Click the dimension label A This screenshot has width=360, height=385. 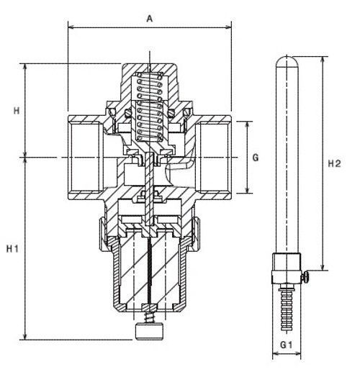tap(150, 19)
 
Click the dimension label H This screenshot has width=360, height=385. tap(17, 111)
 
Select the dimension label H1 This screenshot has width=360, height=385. tap(12, 249)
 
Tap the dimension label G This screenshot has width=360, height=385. tap(256, 158)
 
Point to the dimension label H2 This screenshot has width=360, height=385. tap(335, 163)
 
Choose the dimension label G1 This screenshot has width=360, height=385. tap(287, 345)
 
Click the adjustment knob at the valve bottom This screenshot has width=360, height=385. tap(149, 332)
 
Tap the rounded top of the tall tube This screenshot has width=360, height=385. tap(287, 61)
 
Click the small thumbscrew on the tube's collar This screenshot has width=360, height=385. tap(305, 277)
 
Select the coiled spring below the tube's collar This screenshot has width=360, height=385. tap(287, 309)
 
